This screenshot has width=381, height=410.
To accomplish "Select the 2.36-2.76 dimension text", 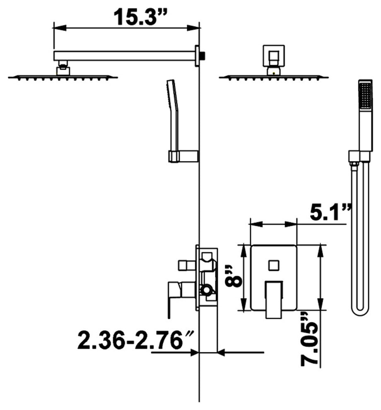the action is pos(136,340).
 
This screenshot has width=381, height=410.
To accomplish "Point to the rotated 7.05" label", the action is pos(310,340).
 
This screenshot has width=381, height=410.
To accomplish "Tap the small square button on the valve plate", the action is pos(274,265).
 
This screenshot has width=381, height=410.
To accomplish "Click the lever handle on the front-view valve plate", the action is pos(274,300).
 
